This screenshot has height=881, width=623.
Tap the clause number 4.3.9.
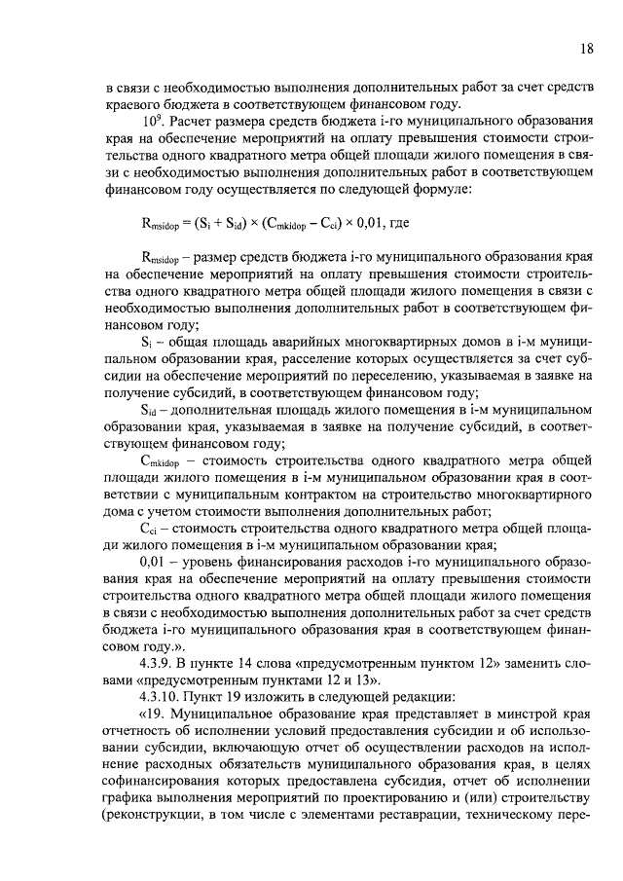[x=159, y=658]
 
